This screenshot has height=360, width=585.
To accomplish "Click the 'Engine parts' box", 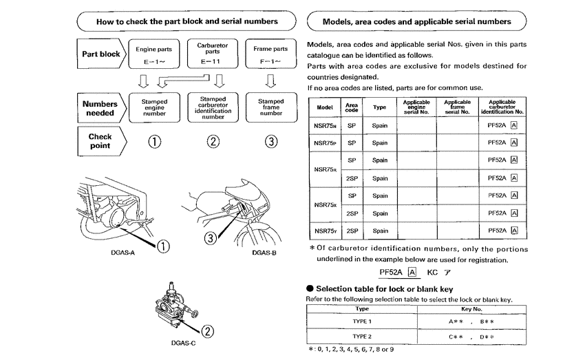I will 154,54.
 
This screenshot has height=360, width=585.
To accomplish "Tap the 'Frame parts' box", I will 270,54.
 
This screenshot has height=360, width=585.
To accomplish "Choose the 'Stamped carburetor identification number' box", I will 213,108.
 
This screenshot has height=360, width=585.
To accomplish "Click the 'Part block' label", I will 101,54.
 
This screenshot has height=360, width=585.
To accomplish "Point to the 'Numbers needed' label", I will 100,108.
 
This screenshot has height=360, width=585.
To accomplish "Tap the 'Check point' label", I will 100,141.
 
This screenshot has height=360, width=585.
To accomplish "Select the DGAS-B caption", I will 264,253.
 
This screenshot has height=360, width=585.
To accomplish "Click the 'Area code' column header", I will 352,107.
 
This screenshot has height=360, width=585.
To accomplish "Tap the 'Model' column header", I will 325,107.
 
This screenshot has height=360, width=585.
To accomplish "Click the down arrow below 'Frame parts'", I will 270,81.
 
